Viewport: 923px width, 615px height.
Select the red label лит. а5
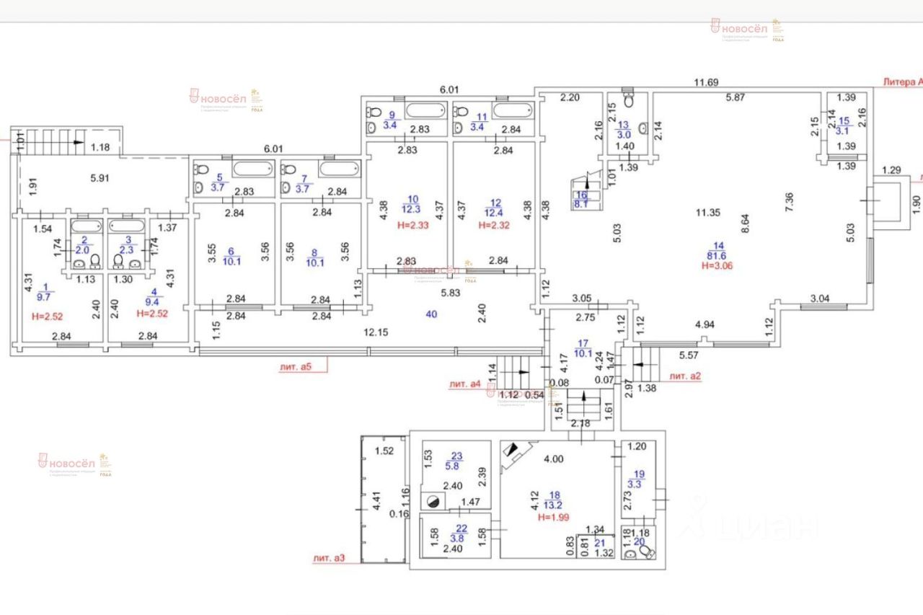point(295,366)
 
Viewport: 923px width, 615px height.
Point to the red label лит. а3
point(329,558)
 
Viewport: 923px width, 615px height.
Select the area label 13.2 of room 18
point(555,505)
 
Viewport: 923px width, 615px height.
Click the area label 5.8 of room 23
point(456,466)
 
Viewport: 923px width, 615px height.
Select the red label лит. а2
point(686,376)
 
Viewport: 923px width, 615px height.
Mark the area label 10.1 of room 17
point(582,353)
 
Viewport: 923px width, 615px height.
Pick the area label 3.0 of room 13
point(623,133)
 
